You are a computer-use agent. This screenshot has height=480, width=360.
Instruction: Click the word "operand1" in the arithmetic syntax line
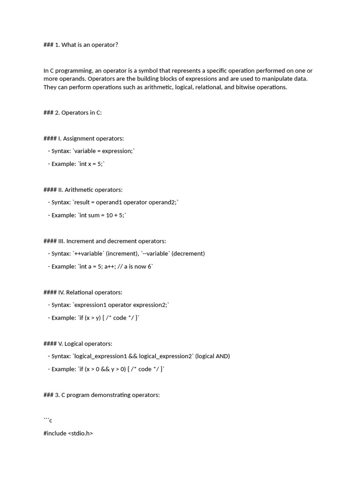click(x=112, y=202)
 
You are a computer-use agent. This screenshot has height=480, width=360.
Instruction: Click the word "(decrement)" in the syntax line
click(x=188, y=254)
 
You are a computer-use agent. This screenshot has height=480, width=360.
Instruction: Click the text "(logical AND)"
click(x=213, y=356)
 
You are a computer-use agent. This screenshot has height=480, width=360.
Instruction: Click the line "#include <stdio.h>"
click(x=68, y=434)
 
